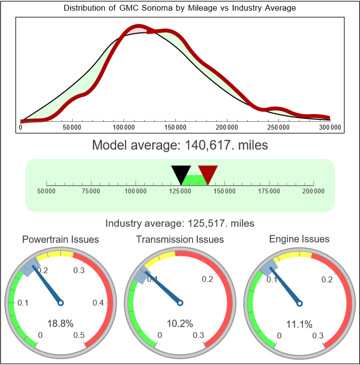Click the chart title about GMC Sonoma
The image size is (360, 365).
point(180,8)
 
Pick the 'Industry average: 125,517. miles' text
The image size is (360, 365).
point(180,223)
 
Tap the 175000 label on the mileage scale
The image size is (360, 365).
point(269,191)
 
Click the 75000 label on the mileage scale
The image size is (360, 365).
point(91,191)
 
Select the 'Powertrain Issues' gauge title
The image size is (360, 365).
point(61,239)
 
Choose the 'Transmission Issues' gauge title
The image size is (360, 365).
point(180,239)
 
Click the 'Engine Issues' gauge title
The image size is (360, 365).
point(299,239)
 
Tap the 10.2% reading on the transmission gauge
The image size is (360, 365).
point(180,323)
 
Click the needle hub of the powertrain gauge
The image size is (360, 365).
point(61,303)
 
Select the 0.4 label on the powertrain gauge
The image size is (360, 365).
point(98,303)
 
